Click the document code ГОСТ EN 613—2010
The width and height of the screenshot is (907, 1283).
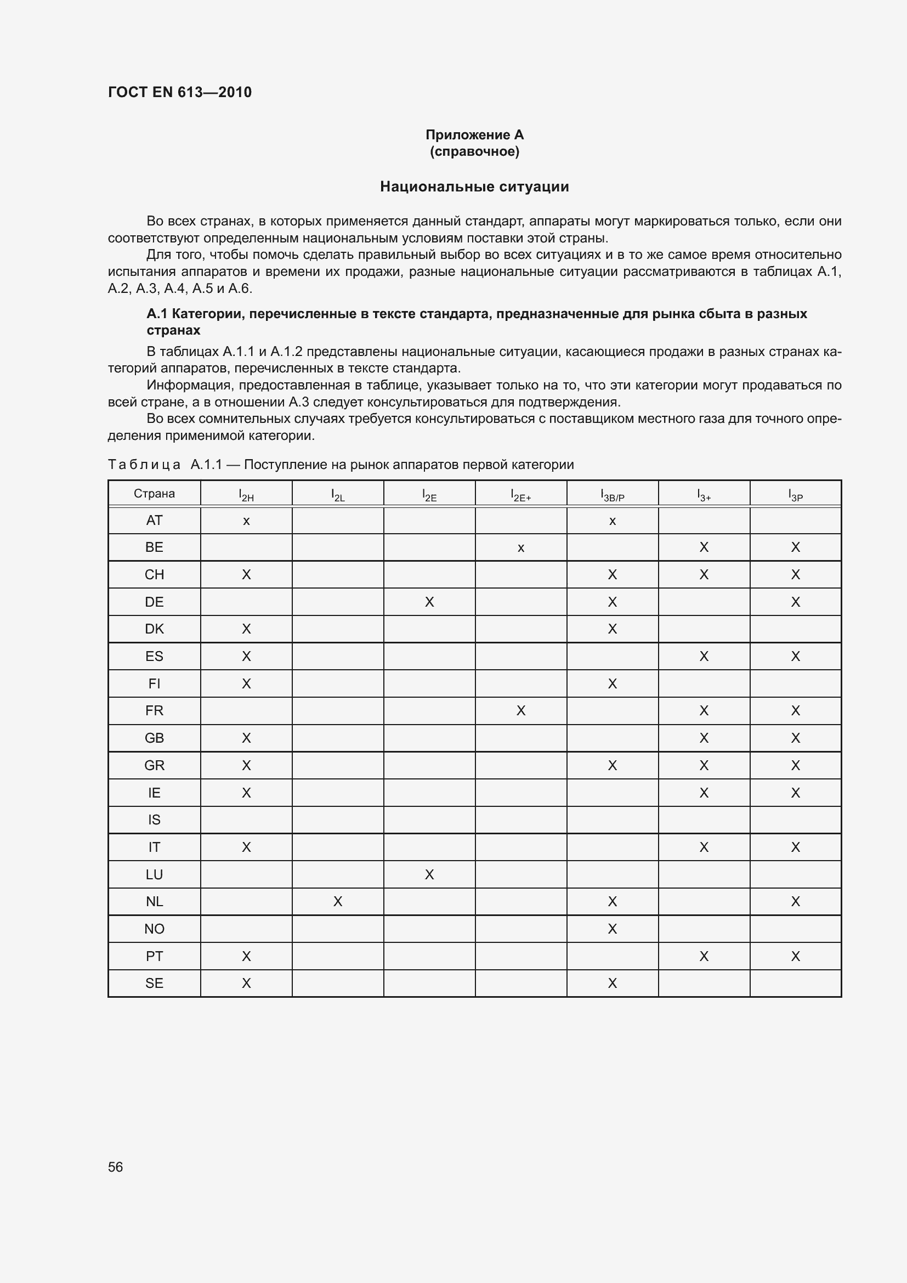(179, 92)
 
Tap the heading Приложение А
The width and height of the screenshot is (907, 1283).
(474, 135)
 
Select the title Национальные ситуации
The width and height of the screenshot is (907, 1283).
(474, 186)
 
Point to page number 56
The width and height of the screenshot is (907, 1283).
(116, 1167)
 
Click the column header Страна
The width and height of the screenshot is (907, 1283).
(154, 494)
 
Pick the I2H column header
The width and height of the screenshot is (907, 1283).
(246, 495)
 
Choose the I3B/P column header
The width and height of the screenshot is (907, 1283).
(612, 495)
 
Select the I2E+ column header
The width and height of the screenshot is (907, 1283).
(520, 495)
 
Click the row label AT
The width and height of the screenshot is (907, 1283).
(154, 520)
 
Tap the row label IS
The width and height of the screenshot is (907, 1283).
(154, 819)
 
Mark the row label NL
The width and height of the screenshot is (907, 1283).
(154, 901)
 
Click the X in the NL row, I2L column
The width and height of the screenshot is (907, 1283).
(337, 901)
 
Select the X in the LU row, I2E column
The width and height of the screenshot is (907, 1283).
(429, 874)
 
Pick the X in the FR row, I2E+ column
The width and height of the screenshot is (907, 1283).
(520, 711)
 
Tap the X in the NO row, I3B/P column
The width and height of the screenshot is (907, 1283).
(612, 929)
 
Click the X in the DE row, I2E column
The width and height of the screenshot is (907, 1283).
(429, 602)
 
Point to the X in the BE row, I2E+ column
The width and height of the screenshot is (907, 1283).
(520, 548)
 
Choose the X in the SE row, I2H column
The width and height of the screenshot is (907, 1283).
(246, 983)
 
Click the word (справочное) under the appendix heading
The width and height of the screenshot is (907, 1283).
(474, 151)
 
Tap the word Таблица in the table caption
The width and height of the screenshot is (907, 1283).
(144, 465)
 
